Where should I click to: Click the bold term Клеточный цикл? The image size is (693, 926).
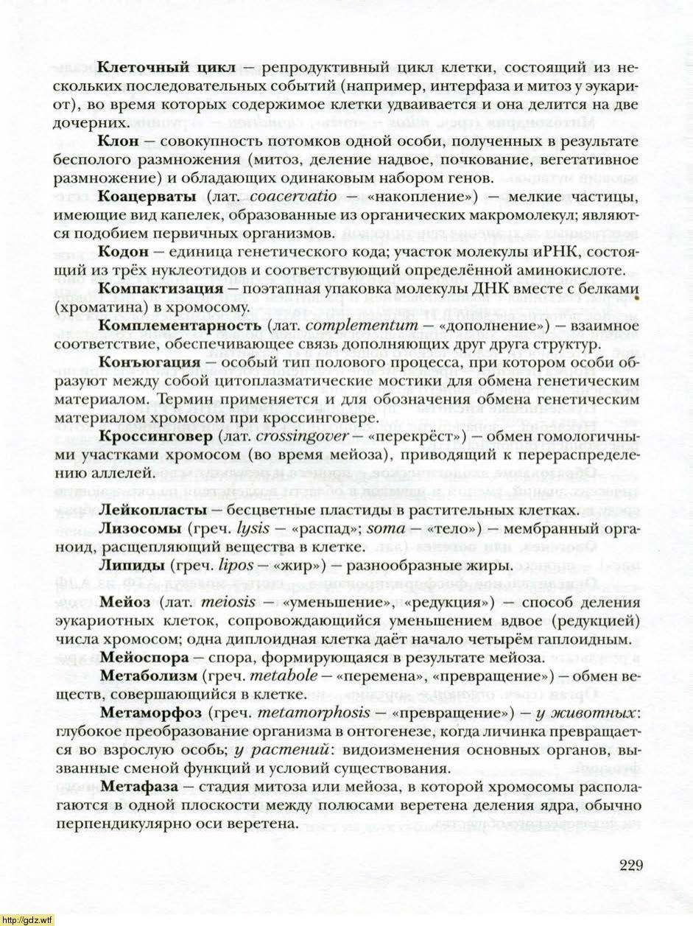[166, 68]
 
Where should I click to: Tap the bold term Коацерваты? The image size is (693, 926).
[147, 197]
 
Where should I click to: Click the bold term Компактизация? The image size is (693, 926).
[160, 288]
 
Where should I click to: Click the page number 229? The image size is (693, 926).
[631, 864]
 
